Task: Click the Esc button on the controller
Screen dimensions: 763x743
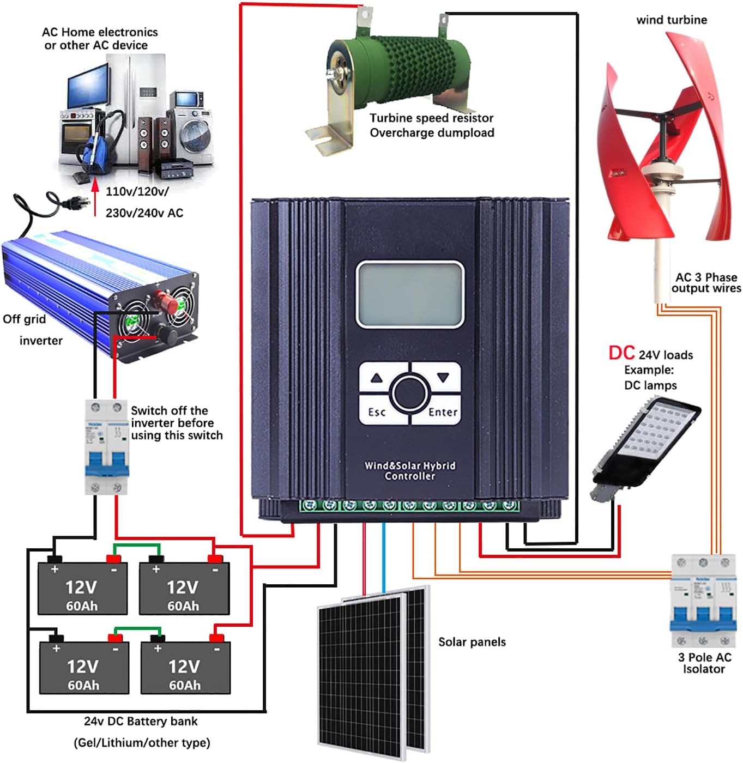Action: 377,411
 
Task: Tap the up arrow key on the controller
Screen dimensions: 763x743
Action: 377,378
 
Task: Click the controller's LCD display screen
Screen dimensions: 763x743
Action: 409,294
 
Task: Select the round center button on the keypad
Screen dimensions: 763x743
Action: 410,393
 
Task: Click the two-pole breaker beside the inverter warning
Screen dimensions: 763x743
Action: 106,447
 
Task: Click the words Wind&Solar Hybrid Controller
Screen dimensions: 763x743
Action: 410,471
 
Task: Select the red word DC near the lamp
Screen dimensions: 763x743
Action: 621,353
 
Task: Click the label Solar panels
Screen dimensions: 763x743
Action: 472,642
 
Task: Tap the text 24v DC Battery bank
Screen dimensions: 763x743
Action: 141,721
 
